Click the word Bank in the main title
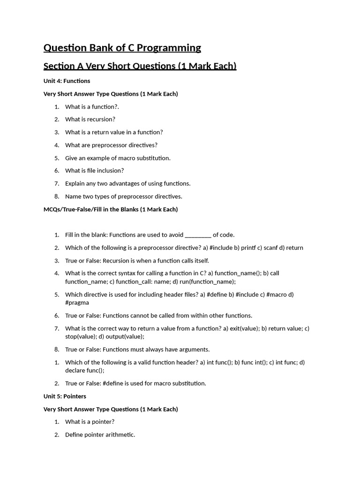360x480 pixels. click(x=98, y=48)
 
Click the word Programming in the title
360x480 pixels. click(x=169, y=48)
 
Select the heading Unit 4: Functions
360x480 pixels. click(x=67, y=81)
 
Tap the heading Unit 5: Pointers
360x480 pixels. click(x=65, y=396)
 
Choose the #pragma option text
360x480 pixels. click(x=77, y=303)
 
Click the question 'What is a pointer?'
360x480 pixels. click(x=90, y=421)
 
